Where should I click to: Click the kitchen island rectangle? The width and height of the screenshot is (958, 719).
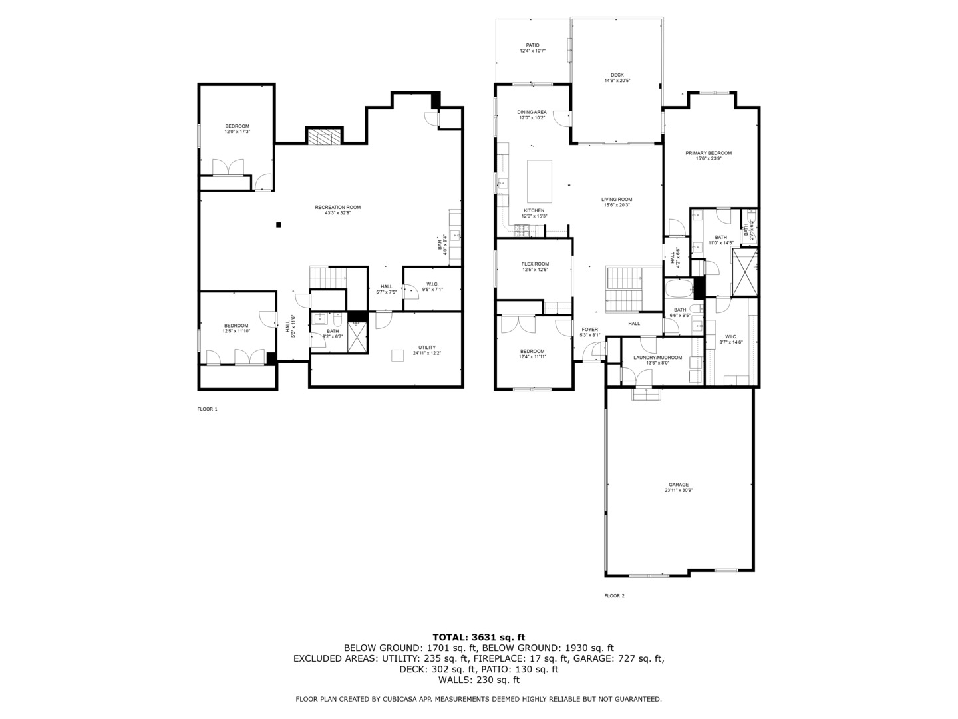(x=540, y=181)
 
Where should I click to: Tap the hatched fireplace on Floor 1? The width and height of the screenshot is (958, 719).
(x=323, y=136)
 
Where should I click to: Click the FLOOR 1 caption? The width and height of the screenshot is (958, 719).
(x=207, y=409)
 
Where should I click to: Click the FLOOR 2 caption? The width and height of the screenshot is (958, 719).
(x=614, y=595)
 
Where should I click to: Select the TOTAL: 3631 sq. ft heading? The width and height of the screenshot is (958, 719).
(x=478, y=637)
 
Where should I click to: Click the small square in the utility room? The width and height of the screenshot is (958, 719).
(x=397, y=356)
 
